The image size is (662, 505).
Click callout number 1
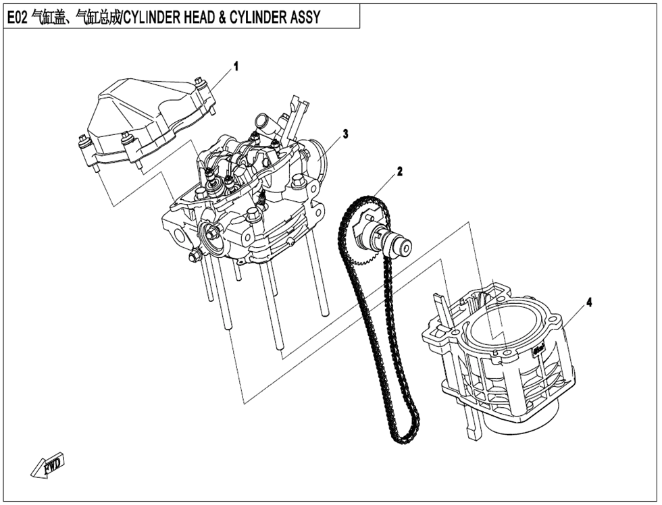tap(236, 66)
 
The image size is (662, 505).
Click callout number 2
tap(399, 171)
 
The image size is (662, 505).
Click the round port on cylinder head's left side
tap(179, 238)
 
